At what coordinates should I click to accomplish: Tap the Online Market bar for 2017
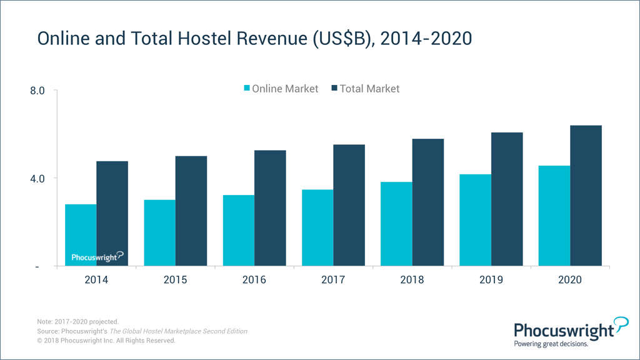[x=317, y=227]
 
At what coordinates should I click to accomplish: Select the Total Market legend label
[x=369, y=89]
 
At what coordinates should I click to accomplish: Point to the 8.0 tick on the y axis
[x=37, y=91]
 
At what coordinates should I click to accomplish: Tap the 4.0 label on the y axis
[x=37, y=178]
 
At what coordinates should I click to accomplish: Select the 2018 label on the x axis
[x=412, y=280]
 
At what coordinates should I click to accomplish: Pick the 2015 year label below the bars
[x=175, y=280]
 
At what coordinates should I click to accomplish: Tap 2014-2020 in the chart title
[x=426, y=39]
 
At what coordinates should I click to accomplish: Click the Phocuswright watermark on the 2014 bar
[x=97, y=256]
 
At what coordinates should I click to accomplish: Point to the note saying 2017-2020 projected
[x=77, y=322]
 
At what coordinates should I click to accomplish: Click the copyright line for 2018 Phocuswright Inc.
[x=106, y=341]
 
